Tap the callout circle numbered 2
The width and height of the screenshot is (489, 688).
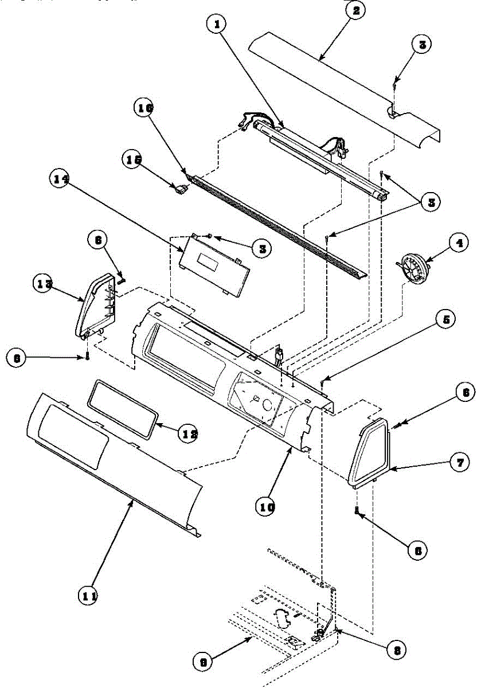click(355, 11)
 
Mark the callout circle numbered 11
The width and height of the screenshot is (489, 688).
click(88, 596)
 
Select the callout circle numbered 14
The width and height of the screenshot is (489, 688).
click(62, 179)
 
